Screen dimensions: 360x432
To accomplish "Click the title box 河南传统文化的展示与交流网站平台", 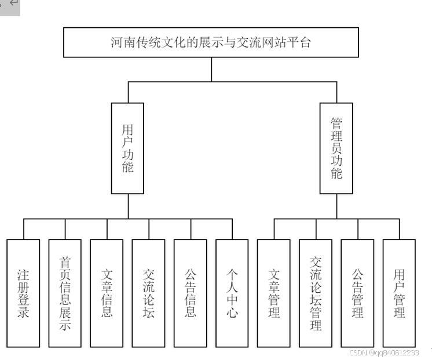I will click(x=211, y=42).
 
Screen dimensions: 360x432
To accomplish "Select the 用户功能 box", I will click(x=127, y=148).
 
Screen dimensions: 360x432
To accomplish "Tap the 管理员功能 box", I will click(x=336, y=148).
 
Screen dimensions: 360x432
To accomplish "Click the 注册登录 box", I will click(x=24, y=293).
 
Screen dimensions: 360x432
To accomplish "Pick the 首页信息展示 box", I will click(x=65, y=293).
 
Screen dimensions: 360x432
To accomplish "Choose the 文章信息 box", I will click(x=107, y=293).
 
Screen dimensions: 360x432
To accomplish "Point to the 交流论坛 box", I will click(x=148, y=293).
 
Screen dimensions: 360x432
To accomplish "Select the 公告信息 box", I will click(x=191, y=293).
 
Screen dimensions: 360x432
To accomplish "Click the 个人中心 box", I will click(x=232, y=293).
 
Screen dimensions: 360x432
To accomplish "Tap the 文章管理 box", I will click(x=274, y=293).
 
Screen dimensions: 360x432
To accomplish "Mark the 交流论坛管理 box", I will click(x=316, y=293).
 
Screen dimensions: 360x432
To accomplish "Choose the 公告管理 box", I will click(x=357, y=293).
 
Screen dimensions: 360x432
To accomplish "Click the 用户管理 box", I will click(x=399, y=293).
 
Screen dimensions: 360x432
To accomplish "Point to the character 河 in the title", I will click(x=117, y=42).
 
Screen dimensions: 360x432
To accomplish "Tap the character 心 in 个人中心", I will click(x=232, y=314).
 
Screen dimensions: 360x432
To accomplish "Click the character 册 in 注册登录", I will click(x=24, y=286).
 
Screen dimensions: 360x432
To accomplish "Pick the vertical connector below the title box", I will click(x=211, y=70).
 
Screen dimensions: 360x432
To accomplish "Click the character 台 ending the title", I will click(x=305, y=42).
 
